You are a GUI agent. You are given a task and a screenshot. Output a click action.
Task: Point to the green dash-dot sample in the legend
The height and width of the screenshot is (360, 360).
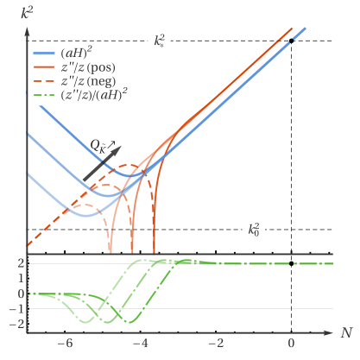[x=44, y=96]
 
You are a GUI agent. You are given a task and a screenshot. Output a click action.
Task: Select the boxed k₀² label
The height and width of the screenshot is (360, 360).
[x=254, y=230]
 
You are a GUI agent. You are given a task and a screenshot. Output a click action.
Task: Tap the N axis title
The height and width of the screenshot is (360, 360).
[x=344, y=332]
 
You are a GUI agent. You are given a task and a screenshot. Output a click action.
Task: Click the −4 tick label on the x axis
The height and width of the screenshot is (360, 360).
[x=139, y=343]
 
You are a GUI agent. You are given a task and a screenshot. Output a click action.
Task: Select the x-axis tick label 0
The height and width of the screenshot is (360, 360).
[x=291, y=343]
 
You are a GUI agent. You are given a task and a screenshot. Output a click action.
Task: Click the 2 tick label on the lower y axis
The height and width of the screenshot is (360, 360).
[x=20, y=264]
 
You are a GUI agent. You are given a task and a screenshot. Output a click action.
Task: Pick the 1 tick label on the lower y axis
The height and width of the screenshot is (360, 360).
[x=20, y=279]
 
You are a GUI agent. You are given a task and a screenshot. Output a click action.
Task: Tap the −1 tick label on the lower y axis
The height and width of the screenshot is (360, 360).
[x=17, y=309]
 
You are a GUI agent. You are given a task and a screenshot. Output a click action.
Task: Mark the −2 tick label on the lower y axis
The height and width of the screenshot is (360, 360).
[x=17, y=324]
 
